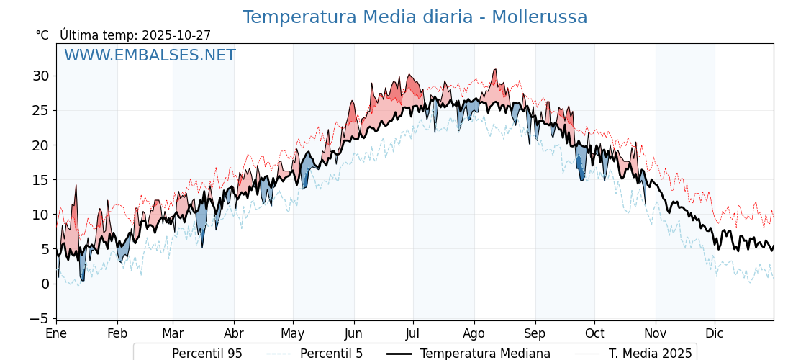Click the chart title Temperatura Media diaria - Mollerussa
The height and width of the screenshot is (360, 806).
tap(415, 17)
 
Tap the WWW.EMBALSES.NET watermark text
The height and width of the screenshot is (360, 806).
tap(150, 55)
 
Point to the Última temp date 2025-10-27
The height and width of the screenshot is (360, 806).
tap(176, 35)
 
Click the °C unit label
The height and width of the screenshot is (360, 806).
tap(42, 35)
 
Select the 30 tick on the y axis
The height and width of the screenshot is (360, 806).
tap(40, 76)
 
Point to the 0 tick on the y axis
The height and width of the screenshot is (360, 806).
tap(45, 284)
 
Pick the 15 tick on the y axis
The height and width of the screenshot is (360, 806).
tap(40, 179)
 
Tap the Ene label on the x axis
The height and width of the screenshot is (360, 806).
tap(56, 334)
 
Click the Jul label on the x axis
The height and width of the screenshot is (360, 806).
tap(413, 334)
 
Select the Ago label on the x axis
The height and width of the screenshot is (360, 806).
tap(474, 334)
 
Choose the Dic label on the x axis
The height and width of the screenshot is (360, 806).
tap(715, 334)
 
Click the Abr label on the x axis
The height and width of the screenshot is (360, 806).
tap(234, 334)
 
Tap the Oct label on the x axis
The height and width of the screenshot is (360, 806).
tap(594, 334)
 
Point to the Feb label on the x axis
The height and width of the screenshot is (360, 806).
tap(117, 334)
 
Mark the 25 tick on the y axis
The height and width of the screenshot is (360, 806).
tap(40, 110)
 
